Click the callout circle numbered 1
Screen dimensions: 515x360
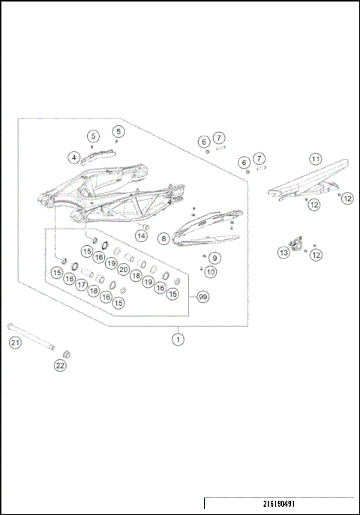(x=178, y=340)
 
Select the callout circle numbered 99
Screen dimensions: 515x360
(x=202, y=297)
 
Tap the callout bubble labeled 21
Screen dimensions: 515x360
(x=16, y=343)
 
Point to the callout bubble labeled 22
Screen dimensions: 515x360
(x=60, y=366)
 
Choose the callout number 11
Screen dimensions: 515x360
(x=316, y=159)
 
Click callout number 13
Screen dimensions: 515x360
(x=283, y=253)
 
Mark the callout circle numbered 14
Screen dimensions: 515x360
(x=140, y=236)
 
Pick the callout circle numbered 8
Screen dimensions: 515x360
(x=163, y=238)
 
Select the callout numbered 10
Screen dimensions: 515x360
(x=211, y=272)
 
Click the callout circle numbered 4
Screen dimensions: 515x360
(x=74, y=157)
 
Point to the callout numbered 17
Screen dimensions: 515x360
(x=81, y=285)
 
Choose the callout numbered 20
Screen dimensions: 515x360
(x=123, y=269)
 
